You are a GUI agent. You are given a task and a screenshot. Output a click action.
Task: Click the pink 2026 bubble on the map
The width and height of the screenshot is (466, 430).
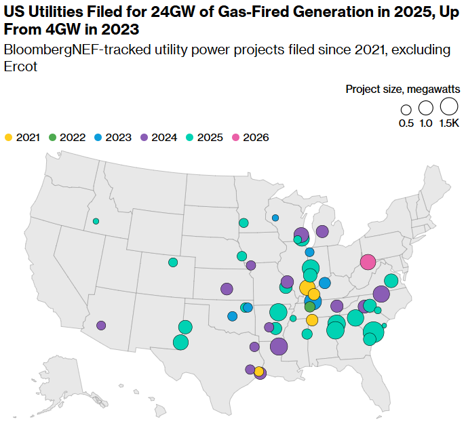point(368,262)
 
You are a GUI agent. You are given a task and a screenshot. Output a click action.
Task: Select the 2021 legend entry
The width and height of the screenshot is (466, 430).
point(22,137)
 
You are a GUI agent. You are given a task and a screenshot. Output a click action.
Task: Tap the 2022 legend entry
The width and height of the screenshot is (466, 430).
point(67,137)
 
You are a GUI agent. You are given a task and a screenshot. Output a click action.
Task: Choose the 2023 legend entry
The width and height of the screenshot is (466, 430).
point(113,137)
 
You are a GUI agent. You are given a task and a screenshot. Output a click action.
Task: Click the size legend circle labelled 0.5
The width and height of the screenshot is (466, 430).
point(406,109)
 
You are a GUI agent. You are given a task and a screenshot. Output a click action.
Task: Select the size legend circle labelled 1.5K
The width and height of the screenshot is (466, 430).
point(448,106)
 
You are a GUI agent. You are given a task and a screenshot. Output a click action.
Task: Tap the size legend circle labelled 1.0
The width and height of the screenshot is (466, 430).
point(426,108)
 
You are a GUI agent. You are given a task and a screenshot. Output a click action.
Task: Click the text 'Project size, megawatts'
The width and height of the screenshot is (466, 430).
point(402,89)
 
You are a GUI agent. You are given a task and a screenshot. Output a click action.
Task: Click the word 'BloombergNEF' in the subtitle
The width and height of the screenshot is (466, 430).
point(45,50)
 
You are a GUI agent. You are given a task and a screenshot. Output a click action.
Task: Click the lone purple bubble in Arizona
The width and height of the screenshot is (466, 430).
point(101,326)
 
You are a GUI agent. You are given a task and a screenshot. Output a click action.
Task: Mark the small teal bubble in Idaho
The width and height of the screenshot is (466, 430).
point(96,221)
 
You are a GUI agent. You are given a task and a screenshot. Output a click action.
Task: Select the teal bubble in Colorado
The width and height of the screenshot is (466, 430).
point(173,262)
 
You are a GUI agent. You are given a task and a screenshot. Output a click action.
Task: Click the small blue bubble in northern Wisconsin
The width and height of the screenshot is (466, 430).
point(275,218)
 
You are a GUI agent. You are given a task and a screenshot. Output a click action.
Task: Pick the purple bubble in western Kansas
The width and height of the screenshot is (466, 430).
point(227,289)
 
